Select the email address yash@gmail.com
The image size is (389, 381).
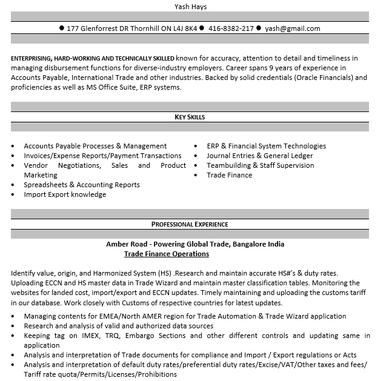click(293, 28)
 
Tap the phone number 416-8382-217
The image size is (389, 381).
click(231, 28)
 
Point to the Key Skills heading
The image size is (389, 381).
click(190, 117)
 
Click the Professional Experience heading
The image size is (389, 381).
click(190, 224)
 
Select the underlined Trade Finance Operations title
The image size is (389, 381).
click(167, 254)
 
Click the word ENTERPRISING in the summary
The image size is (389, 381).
click(33, 58)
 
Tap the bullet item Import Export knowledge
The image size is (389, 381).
click(65, 194)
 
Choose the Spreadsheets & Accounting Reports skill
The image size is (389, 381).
click(82, 185)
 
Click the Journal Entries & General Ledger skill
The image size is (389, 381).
click(260, 156)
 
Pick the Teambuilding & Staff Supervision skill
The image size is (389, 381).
click(261, 165)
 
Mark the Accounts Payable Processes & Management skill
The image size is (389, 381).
click(95, 146)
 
